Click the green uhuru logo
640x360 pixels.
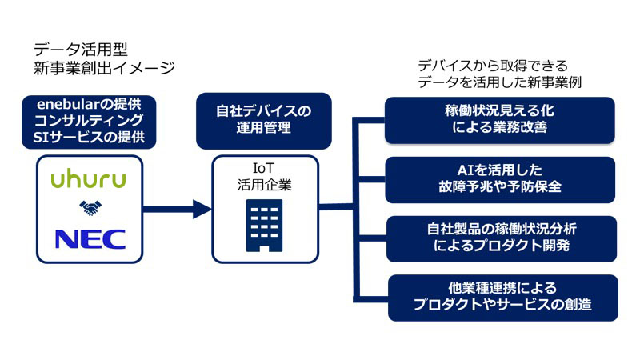[x=88, y=180]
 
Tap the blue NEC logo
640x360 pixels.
[x=90, y=239]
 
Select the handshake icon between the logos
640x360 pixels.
[x=90, y=208]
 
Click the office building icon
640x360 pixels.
[x=264, y=226]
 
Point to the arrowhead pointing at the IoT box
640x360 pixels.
[x=202, y=209]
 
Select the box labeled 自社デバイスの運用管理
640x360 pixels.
[x=264, y=121]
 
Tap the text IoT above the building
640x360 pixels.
[x=264, y=168]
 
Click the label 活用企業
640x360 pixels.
[x=265, y=185]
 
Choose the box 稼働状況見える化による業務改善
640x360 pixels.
[x=499, y=120]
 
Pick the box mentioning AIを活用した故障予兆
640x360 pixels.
[x=500, y=179]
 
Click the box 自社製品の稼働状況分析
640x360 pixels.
[x=502, y=238]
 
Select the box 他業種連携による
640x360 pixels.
[x=503, y=298]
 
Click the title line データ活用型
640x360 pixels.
[x=81, y=50]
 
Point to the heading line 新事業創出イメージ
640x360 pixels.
[x=104, y=68]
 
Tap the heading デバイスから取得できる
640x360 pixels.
[x=493, y=66]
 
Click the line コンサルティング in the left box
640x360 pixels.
[x=89, y=121]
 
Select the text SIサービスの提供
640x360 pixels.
[x=89, y=137]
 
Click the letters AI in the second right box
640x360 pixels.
[x=465, y=170]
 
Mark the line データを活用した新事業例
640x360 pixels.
[x=499, y=82]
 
